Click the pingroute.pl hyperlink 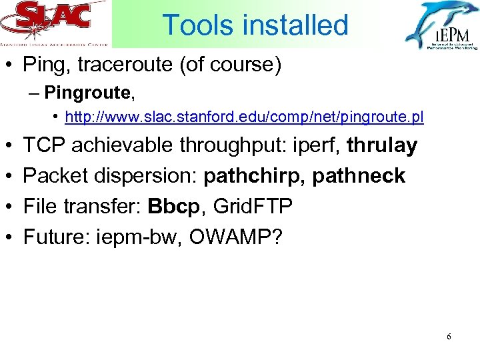[x=244, y=118]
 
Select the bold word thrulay [x=382, y=145]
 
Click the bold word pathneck [x=359, y=176]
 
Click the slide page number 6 [x=449, y=337]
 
